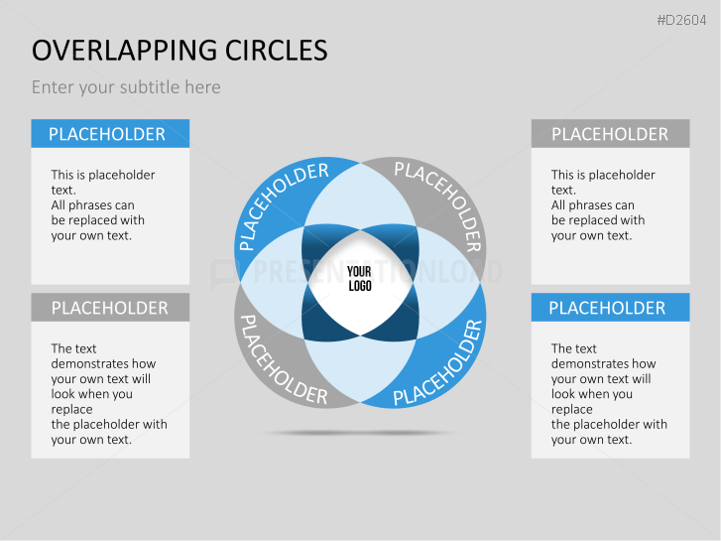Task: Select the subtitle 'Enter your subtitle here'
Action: (x=126, y=87)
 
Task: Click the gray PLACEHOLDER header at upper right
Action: (x=610, y=134)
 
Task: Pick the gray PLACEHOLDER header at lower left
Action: (x=110, y=308)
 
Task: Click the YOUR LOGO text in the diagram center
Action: (x=359, y=278)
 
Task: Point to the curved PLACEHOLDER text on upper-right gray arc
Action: (x=438, y=205)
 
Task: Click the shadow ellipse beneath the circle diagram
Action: (x=359, y=433)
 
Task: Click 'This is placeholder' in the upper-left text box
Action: (x=103, y=175)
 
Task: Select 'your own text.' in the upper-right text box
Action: (x=591, y=235)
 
